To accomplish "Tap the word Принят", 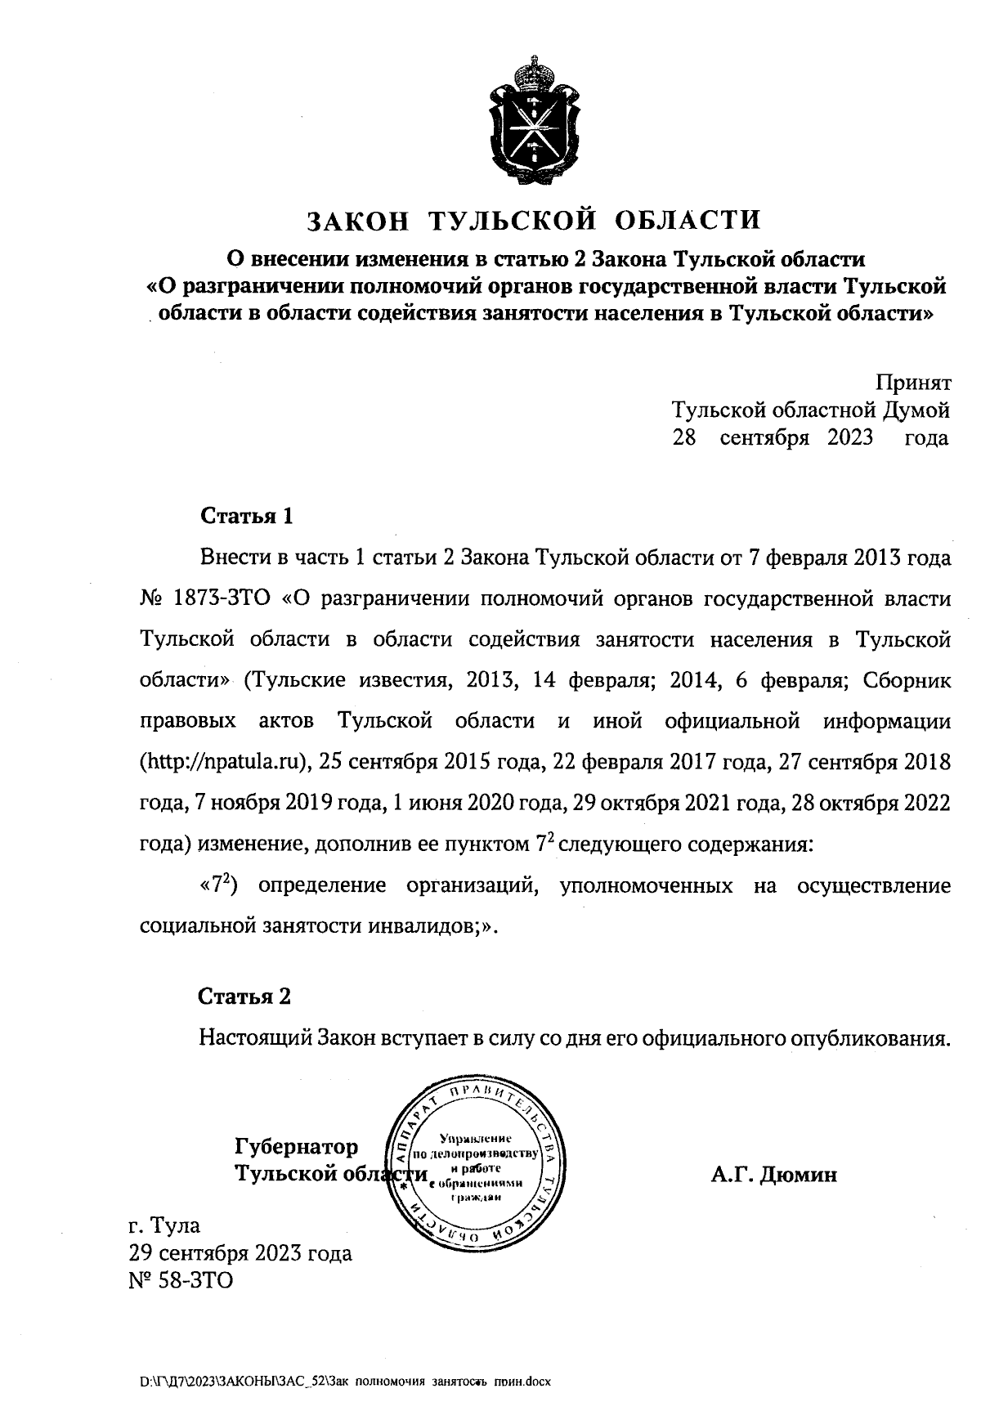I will [913, 382].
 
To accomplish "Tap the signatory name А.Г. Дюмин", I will [773, 1175].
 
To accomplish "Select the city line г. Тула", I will [164, 1226].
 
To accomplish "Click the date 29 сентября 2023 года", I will [240, 1253].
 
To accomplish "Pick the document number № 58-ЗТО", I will [181, 1280].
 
